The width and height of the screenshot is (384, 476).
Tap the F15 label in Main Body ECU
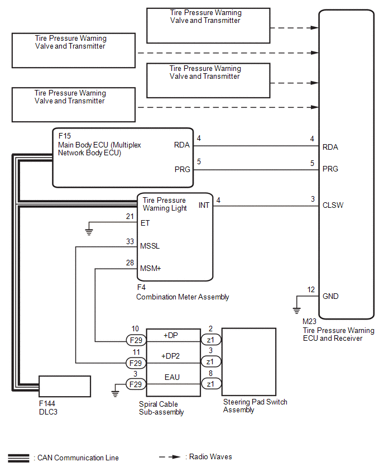[65, 136]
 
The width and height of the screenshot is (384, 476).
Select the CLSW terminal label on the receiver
[333, 205]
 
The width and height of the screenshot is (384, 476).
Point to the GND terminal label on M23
[330, 297]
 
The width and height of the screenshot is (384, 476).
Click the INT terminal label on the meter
[204, 205]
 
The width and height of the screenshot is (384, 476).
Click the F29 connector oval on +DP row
[136, 340]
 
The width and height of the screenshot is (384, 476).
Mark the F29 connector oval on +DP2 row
[136, 362]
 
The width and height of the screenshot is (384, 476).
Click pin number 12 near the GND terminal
[311, 289]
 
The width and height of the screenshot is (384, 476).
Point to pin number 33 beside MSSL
[130, 241]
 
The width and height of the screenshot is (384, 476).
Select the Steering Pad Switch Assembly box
[249, 362]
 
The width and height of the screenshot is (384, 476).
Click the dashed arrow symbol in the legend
[170, 457]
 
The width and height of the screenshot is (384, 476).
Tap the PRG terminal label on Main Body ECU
[182, 168]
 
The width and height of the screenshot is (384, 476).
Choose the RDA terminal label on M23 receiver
[330, 147]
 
